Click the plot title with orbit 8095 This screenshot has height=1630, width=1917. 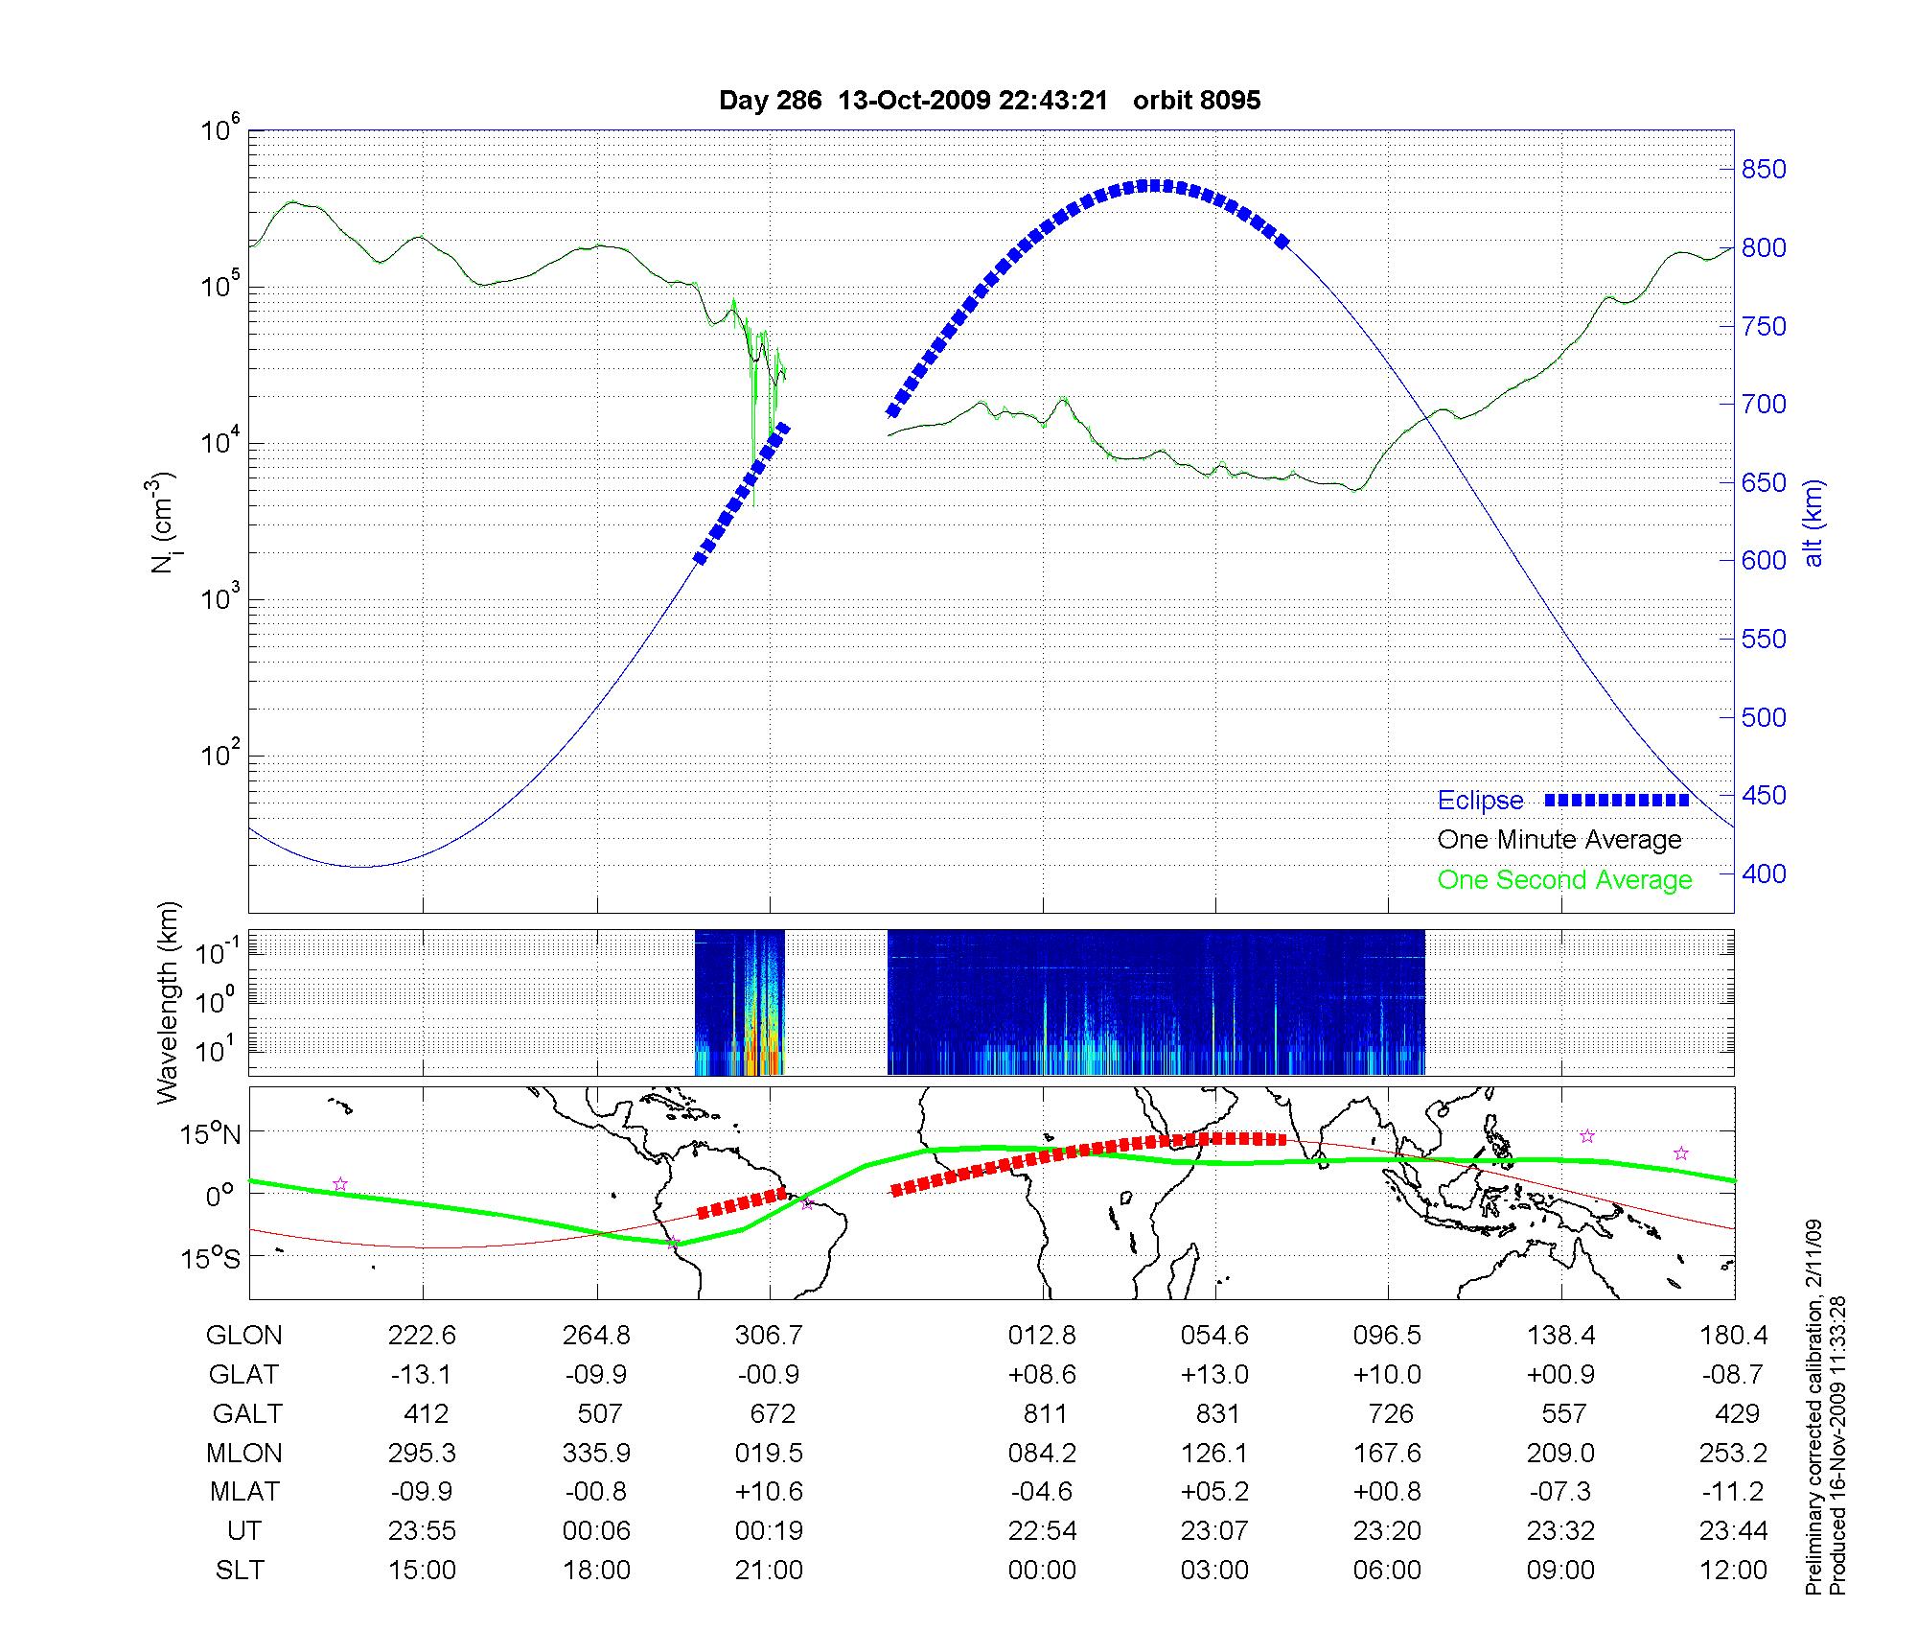(989, 100)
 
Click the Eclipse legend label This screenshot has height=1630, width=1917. (1480, 801)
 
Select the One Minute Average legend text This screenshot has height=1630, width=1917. (1559, 840)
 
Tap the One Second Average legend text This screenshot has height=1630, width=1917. (1564, 880)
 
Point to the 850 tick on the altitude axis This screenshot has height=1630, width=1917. (1764, 170)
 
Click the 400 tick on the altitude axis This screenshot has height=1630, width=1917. (1764, 873)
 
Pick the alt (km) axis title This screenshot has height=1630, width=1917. (1813, 523)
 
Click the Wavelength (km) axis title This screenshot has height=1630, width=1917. (169, 1003)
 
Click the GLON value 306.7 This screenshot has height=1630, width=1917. (769, 1335)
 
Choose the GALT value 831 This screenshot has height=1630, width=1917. (1216, 1413)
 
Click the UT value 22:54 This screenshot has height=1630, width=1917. (1042, 1530)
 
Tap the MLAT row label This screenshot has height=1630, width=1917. (244, 1492)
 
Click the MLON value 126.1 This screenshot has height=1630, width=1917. (1215, 1453)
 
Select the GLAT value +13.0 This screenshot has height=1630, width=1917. (1215, 1374)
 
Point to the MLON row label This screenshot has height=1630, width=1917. (244, 1453)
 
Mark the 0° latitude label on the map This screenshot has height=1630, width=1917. (219, 1196)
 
